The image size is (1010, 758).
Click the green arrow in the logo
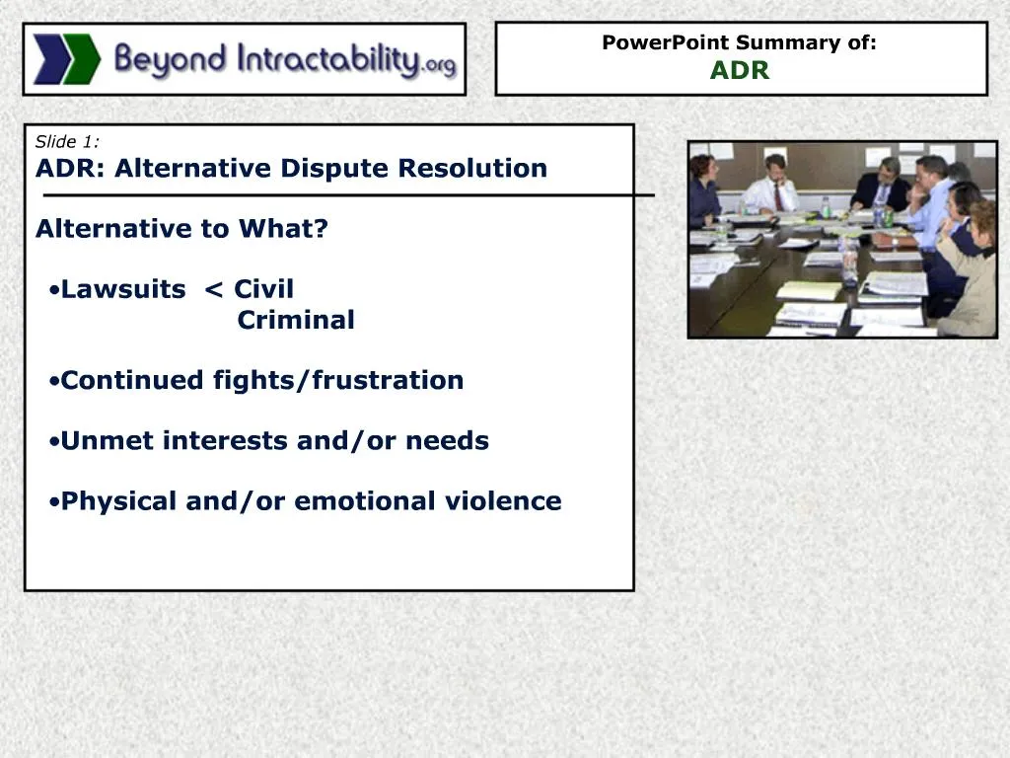tap(82, 59)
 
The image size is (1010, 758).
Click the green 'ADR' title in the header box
tap(740, 71)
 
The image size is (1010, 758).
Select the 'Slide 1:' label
tap(67, 141)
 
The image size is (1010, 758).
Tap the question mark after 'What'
tap(322, 229)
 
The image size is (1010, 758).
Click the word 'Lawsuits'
tap(123, 290)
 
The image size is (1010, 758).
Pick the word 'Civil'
tap(263, 290)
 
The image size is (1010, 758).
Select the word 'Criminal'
tap(296, 321)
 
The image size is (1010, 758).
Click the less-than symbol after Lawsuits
tap(212, 291)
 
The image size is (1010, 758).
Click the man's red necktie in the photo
tap(778, 196)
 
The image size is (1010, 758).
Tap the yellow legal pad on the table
tap(808, 291)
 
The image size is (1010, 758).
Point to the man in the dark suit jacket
tap(883, 188)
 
